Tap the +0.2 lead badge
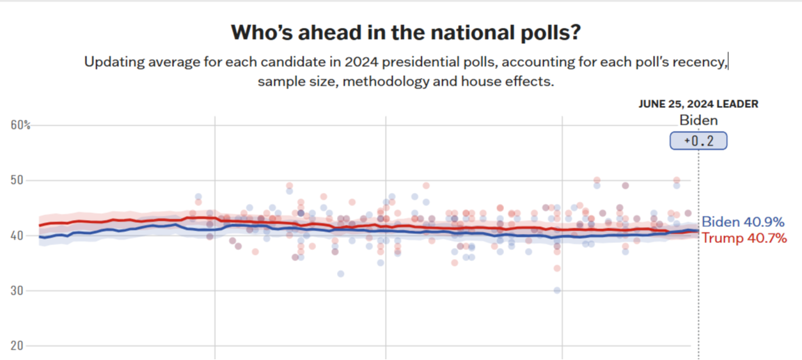698,141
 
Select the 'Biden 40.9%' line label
743,222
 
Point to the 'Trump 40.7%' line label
744,238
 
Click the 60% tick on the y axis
21,125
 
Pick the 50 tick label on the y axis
17,180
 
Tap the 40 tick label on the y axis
17,235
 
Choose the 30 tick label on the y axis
17,290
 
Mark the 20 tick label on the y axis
17,345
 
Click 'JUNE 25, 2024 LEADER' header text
698,104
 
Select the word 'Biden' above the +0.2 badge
698,120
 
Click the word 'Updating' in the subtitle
111,62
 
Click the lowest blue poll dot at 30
557,290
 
